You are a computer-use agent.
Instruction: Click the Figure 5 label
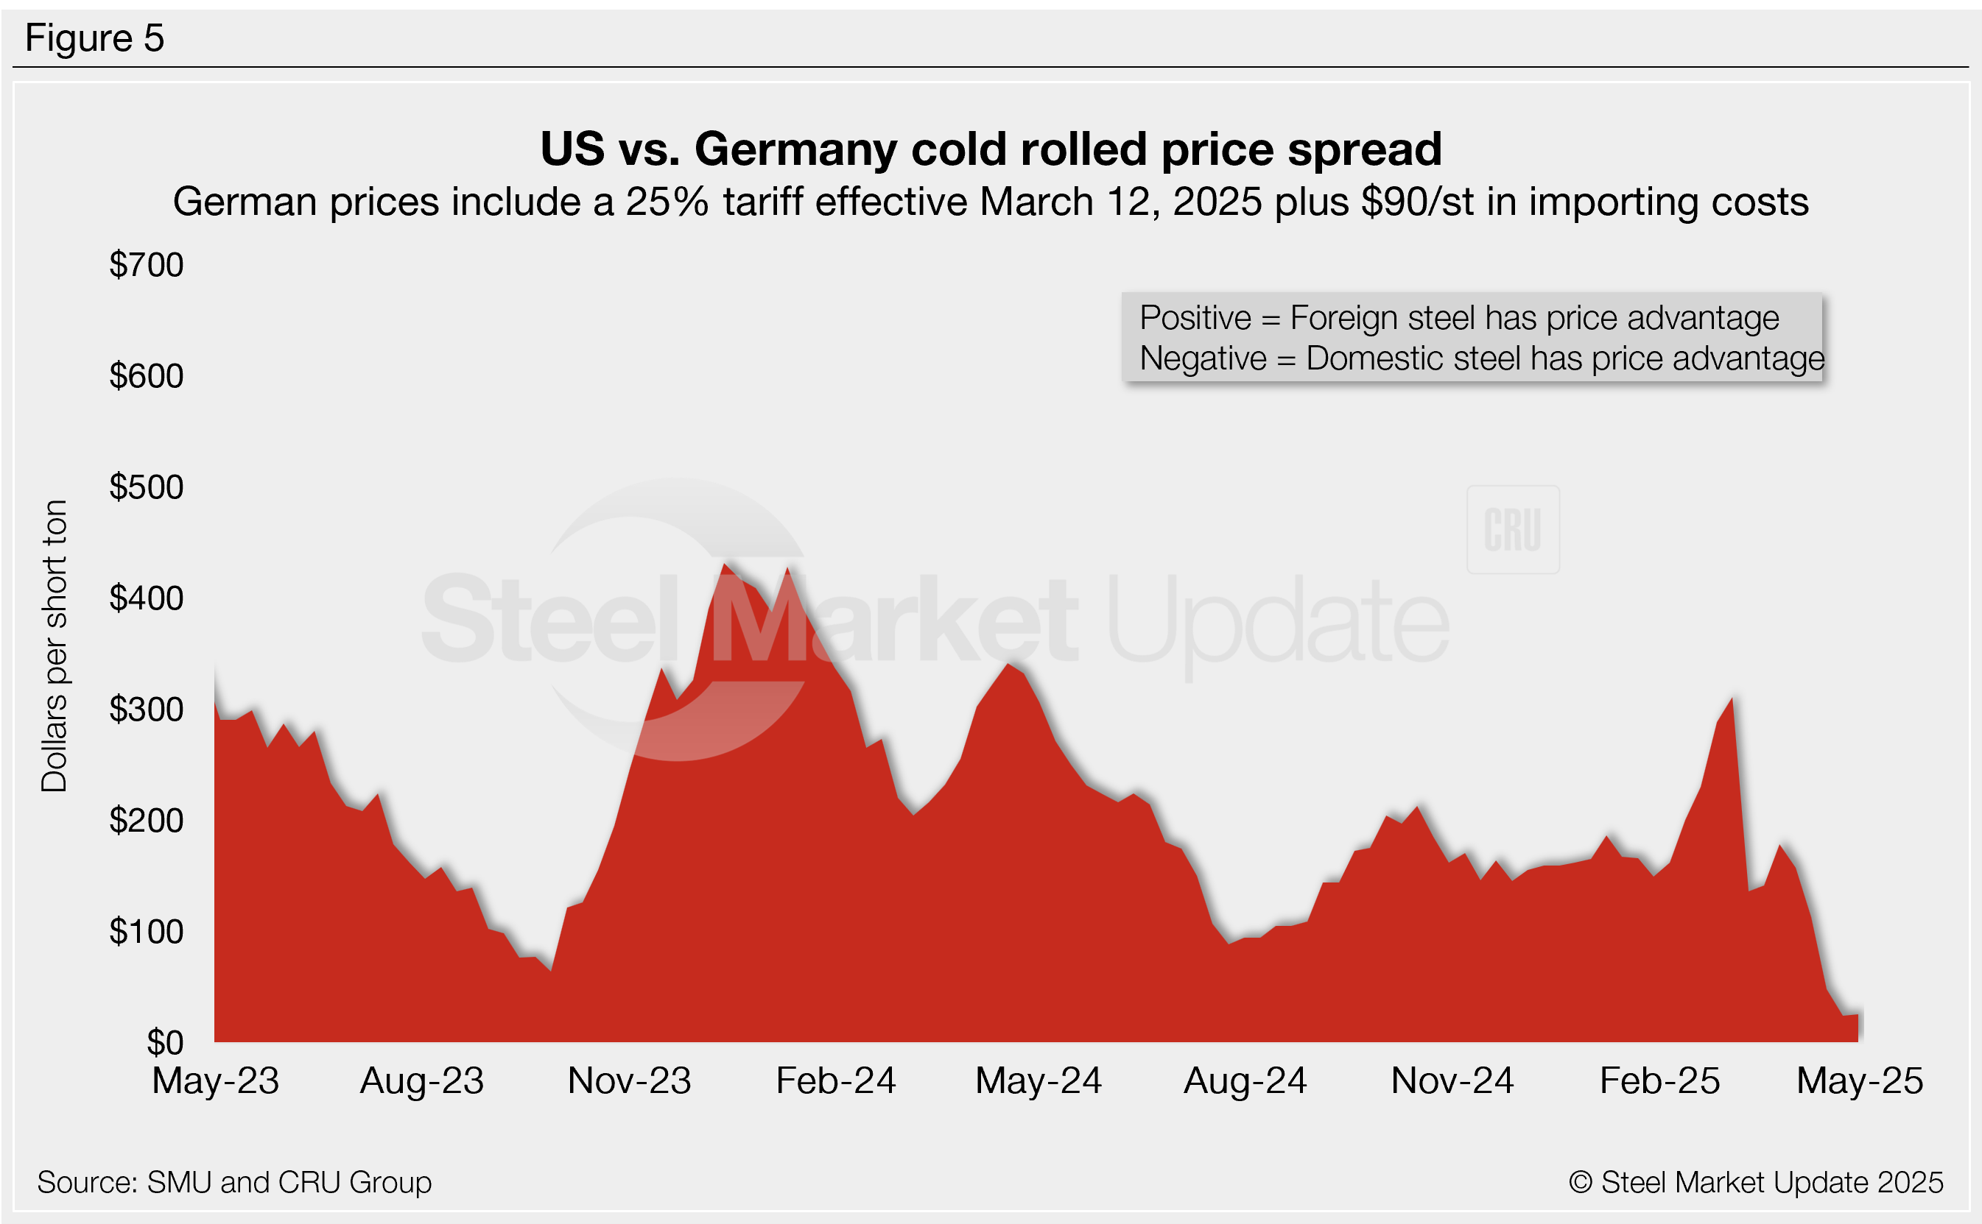coord(95,38)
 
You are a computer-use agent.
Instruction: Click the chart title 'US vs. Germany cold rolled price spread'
coord(991,149)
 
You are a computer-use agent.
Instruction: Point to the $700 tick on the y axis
coord(147,266)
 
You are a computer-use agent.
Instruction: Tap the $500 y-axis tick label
coord(147,487)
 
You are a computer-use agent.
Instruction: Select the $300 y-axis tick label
coord(147,710)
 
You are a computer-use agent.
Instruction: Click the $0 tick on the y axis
coord(164,1044)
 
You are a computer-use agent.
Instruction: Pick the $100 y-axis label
coord(147,933)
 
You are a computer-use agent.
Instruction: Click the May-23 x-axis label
coord(216,1081)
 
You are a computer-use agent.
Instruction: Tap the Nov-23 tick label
coord(629,1081)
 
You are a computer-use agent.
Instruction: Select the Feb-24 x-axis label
coord(836,1081)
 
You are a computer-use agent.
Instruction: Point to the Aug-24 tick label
coord(1245,1081)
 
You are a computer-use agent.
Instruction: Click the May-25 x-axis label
coord(1860,1081)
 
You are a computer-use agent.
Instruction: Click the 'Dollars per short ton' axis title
coord(55,646)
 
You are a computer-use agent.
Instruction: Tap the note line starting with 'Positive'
coord(1459,318)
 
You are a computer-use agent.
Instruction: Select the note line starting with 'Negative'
coord(1481,358)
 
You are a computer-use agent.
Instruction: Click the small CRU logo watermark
coord(1512,530)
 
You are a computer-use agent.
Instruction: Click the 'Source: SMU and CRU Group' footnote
coord(234,1183)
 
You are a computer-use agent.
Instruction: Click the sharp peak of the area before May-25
coord(1732,698)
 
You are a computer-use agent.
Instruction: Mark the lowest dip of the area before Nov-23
coord(551,970)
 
